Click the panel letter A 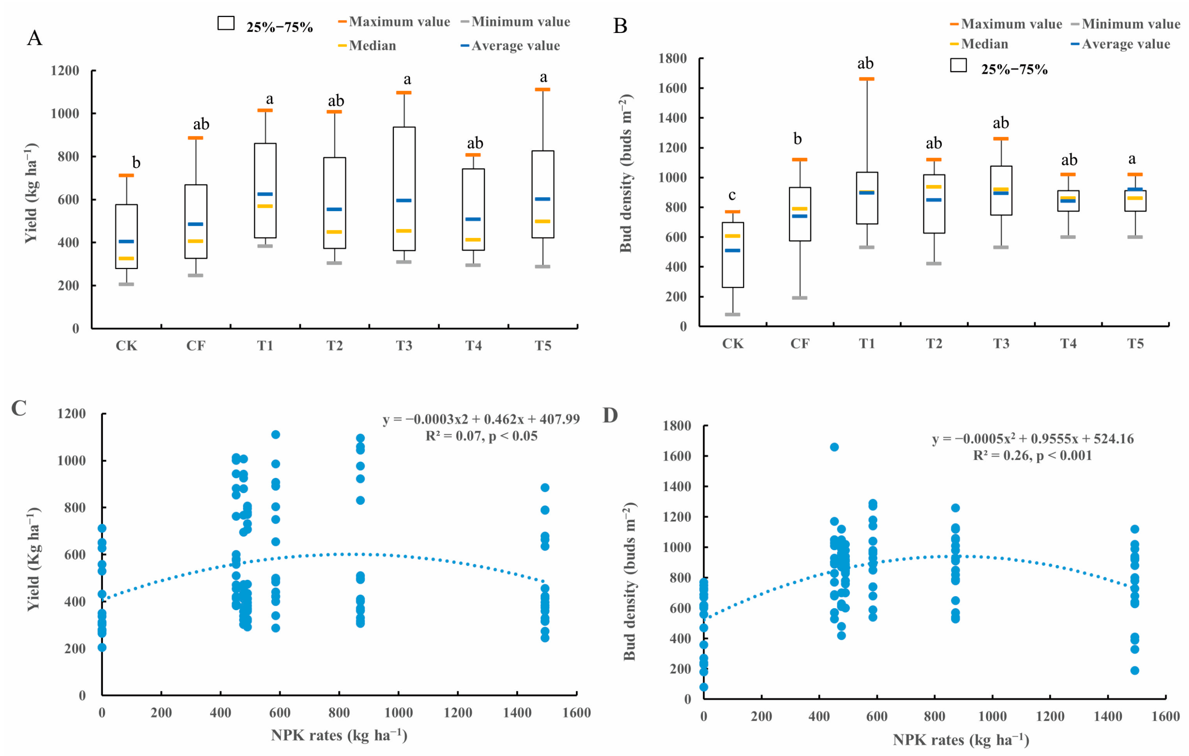click(34, 38)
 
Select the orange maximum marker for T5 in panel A click(542, 89)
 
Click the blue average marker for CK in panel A click(126, 242)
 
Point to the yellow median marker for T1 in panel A click(265, 206)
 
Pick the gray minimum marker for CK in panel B click(732, 314)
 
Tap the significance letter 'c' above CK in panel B click(732, 195)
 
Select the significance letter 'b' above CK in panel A click(136, 163)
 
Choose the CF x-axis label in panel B click(799, 343)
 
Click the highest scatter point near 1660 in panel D click(834, 447)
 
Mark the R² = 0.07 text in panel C click(481, 436)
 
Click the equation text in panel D click(1033, 438)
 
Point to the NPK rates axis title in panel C click(339, 735)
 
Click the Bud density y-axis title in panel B click(626, 173)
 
